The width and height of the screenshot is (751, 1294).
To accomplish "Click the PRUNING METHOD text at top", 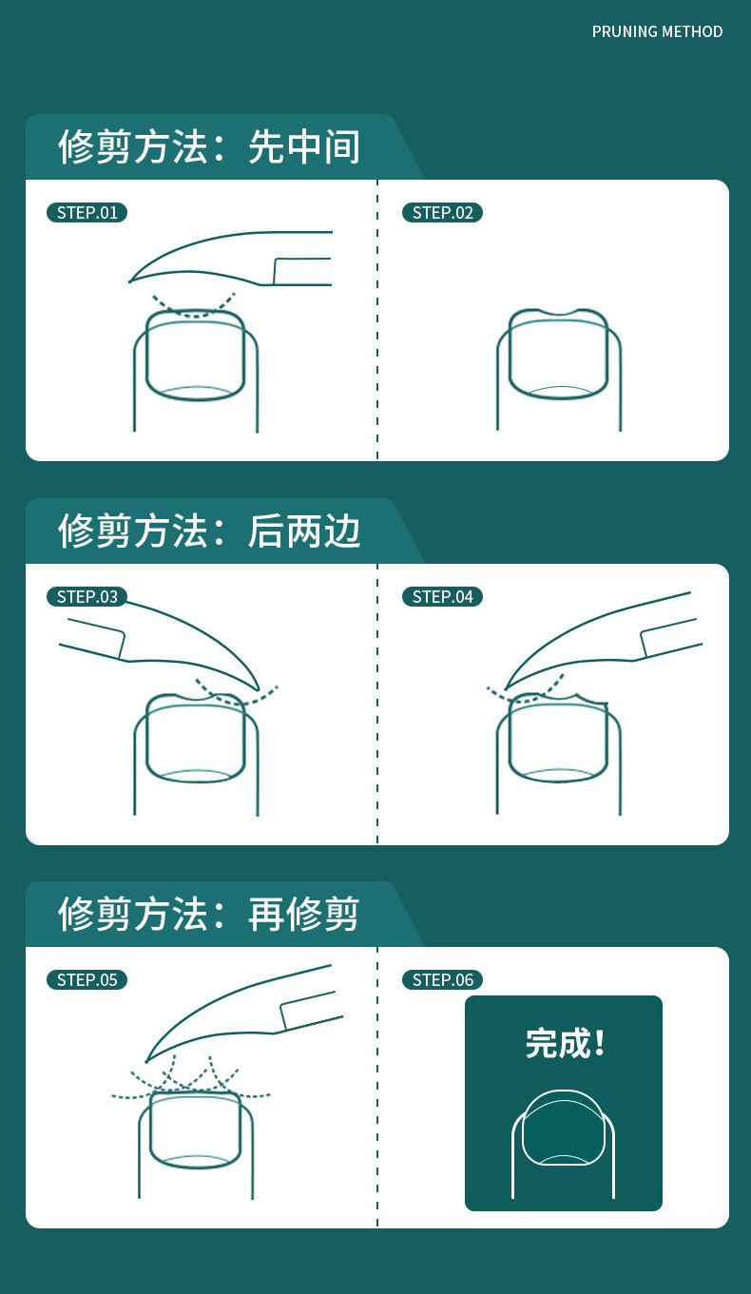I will pos(657,31).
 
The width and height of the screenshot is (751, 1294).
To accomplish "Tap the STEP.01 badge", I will pos(87,212).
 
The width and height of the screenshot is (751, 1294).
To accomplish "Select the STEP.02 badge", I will pos(442,212).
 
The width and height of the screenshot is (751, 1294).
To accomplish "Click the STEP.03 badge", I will pos(87,596).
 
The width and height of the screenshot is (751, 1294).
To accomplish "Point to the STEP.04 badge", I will pos(442,596).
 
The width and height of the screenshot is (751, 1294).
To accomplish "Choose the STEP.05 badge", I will pos(87,979).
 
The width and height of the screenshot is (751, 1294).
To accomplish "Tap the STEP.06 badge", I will pos(442,979).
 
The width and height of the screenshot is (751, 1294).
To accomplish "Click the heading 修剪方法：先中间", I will pos(209,147).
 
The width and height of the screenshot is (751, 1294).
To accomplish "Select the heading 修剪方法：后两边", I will pos(209,531).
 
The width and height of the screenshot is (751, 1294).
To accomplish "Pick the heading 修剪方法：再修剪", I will pos(209,914).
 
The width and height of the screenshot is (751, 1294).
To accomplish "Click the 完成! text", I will pos(565,1043).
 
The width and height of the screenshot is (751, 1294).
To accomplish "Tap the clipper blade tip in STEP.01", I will pos(131,281).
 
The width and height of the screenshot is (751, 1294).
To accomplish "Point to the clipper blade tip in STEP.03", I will pos(258,688).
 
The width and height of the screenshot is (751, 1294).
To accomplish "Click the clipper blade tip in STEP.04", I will pos(506,687).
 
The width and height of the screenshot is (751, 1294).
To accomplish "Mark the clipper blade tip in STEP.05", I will pos(146,1060).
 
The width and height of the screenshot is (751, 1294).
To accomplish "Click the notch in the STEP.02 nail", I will pos(558,315).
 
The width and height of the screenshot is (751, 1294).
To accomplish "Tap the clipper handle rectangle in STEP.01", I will pos(302,271).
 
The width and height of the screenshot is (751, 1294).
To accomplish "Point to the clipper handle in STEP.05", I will pos(310,1011).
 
